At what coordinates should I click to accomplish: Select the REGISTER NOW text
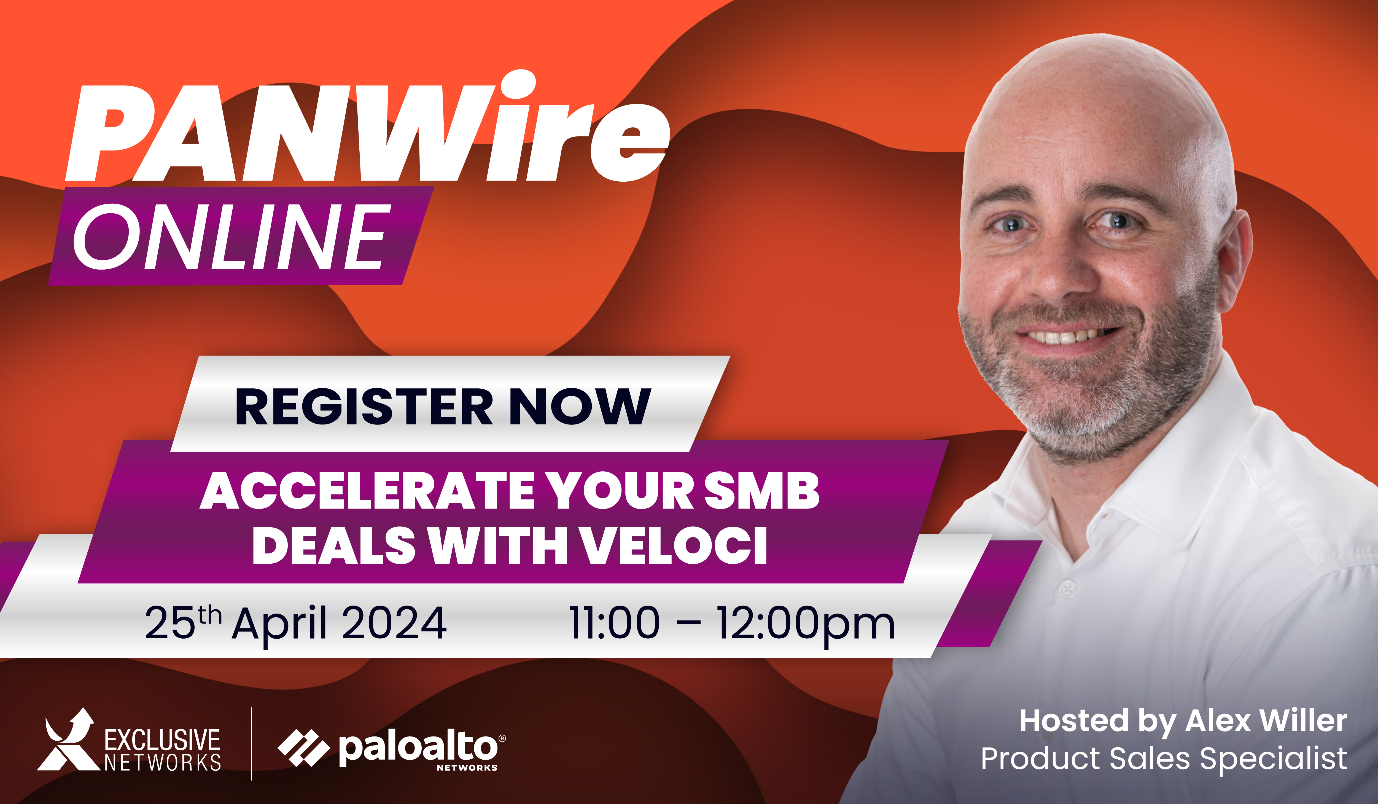[443, 406]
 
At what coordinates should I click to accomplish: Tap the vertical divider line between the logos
[252, 744]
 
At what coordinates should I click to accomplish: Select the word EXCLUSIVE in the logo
[162, 741]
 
